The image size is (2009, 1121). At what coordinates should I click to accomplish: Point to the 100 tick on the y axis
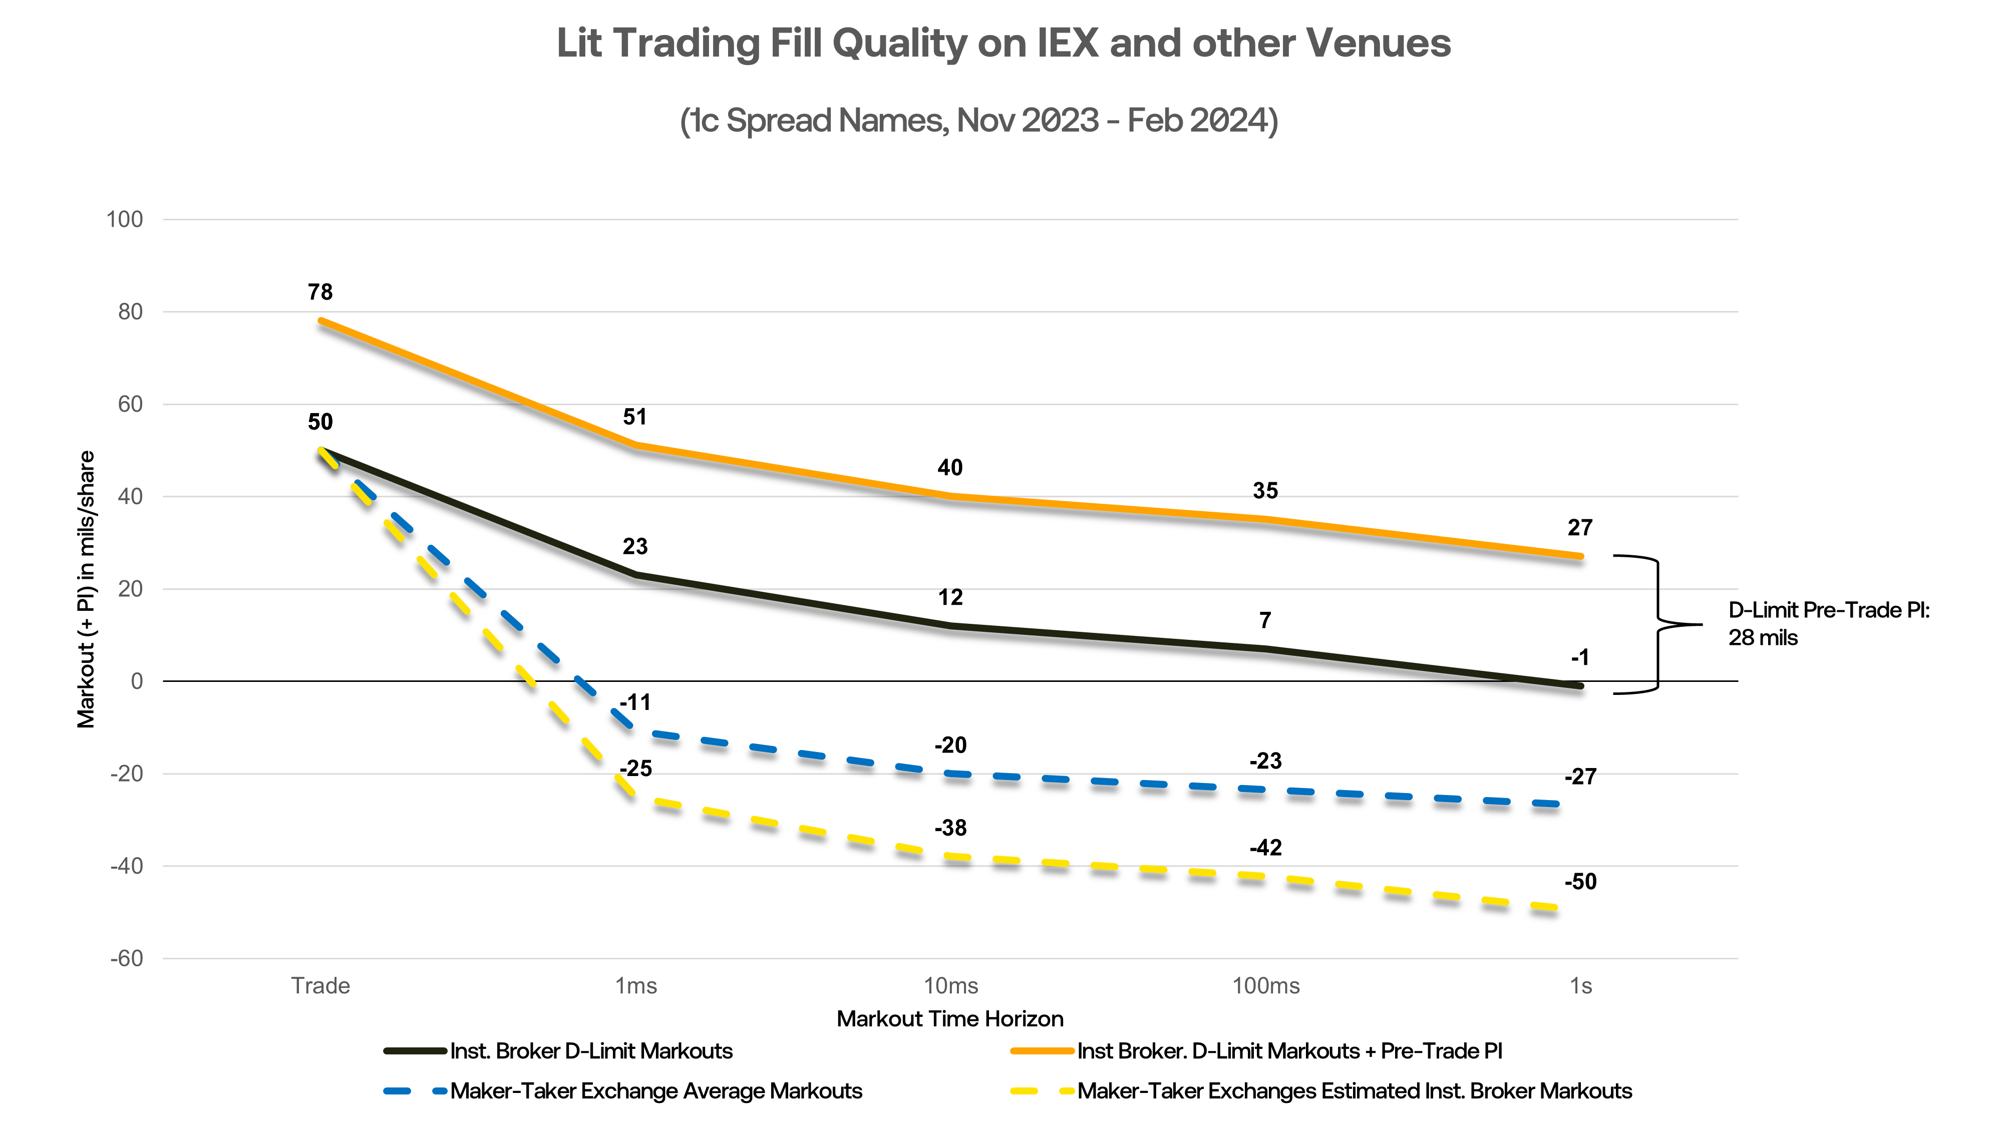pyautogui.click(x=125, y=220)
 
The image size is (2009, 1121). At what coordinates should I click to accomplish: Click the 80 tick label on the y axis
pyautogui.click(x=130, y=312)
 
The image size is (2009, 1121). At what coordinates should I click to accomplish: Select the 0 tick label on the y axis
pyautogui.click(x=137, y=681)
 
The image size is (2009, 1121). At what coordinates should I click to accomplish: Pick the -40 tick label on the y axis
pyautogui.click(x=126, y=866)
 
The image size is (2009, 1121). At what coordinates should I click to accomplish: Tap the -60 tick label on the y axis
pyautogui.click(x=126, y=958)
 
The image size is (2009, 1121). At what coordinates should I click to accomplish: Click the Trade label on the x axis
pyautogui.click(x=320, y=986)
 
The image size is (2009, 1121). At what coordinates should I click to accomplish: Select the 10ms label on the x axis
pyautogui.click(x=951, y=986)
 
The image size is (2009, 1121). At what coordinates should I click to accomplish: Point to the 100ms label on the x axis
pyautogui.click(x=1266, y=986)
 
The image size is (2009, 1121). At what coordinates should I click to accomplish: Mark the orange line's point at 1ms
pyautogui.click(x=636, y=445)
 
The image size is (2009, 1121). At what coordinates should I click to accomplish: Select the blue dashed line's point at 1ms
pyautogui.click(x=636, y=730)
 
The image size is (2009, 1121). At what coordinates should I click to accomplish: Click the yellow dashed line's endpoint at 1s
pyautogui.click(x=1556, y=907)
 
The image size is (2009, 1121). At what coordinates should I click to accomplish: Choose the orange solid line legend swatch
pyautogui.click(x=1042, y=1051)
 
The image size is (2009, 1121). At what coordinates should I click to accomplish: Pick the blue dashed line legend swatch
pyautogui.click(x=415, y=1090)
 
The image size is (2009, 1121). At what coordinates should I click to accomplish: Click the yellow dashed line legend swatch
pyautogui.click(x=1042, y=1090)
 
